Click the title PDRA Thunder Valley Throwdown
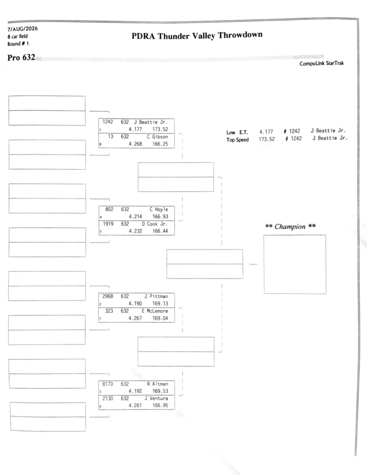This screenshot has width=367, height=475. (x=197, y=35)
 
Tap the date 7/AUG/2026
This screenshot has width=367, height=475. (x=23, y=29)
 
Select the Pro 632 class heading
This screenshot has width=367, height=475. (x=21, y=58)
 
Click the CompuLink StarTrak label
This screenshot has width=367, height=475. (x=322, y=63)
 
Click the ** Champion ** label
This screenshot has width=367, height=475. (x=290, y=226)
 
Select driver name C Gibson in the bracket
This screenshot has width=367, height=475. (x=157, y=137)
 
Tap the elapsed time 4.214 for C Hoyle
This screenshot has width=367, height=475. (x=135, y=217)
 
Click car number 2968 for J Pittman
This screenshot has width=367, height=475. (x=108, y=296)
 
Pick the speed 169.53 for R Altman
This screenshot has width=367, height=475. (x=160, y=391)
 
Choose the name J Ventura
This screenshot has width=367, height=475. (x=156, y=398)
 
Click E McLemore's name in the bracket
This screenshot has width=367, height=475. (x=155, y=311)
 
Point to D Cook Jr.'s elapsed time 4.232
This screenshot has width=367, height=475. (x=135, y=231)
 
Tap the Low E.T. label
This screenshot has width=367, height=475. (x=237, y=132)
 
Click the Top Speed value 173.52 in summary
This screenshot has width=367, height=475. (x=267, y=139)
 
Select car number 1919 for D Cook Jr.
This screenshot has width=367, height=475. (x=108, y=224)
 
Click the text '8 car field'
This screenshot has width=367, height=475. (x=18, y=36)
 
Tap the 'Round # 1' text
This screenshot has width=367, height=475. (x=18, y=44)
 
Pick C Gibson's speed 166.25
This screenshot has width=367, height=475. (x=160, y=144)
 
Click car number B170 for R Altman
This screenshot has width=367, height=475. (x=108, y=384)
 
